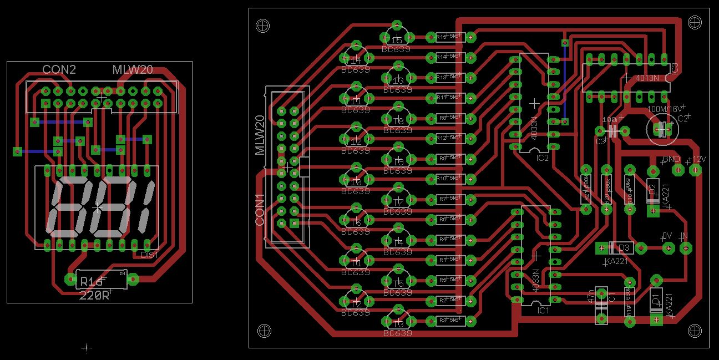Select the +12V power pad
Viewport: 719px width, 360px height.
[x=695, y=170]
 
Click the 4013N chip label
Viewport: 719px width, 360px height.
[x=647, y=78]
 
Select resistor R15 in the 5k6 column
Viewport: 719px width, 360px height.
[x=450, y=37]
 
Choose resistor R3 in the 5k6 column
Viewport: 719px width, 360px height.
[x=450, y=321]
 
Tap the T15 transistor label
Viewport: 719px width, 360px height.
[x=397, y=40]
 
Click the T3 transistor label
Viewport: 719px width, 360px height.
[x=397, y=323]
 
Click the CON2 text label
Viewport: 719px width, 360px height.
[x=59, y=70]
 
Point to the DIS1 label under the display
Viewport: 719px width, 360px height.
[x=150, y=255]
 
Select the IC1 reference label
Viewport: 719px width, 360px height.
[x=543, y=311]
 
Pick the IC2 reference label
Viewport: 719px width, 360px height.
[x=543, y=158]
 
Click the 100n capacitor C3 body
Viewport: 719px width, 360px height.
[x=612, y=131]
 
